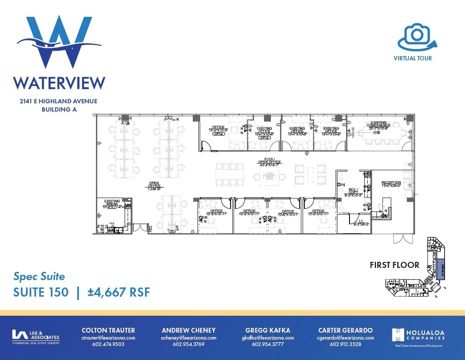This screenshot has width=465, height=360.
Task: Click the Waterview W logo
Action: coord(59,42)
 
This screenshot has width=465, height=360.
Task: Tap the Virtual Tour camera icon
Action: coord(416,37)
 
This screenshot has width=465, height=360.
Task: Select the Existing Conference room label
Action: coord(378,126)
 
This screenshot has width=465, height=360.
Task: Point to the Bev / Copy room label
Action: coord(352,192)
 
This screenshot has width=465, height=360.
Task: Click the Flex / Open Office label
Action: coord(270,162)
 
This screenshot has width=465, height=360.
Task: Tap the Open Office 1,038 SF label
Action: coord(154,185)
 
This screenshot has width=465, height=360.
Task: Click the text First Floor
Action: coord(394,265)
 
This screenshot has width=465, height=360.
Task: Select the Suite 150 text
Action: coord(41,292)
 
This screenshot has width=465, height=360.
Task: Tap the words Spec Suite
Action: coord(39,277)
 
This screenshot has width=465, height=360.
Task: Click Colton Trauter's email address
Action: coord(108,338)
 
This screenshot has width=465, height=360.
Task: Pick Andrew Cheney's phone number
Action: coord(188,345)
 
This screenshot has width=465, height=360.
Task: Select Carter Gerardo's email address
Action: coord(345,338)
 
